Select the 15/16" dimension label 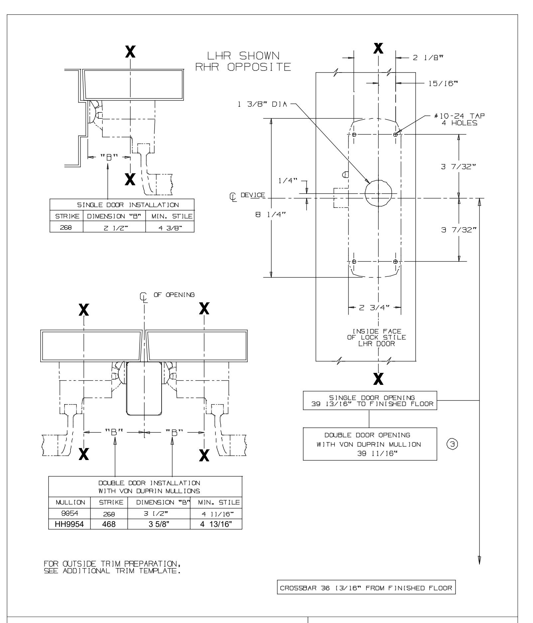(x=439, y=84)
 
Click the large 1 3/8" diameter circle (x=378, y=193)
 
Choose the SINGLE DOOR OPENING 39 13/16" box (x=370, y=401)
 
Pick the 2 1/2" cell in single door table (x=114, y=227)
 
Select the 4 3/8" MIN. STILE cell (x=170, y=227)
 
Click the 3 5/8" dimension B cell (x=158, y=524)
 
